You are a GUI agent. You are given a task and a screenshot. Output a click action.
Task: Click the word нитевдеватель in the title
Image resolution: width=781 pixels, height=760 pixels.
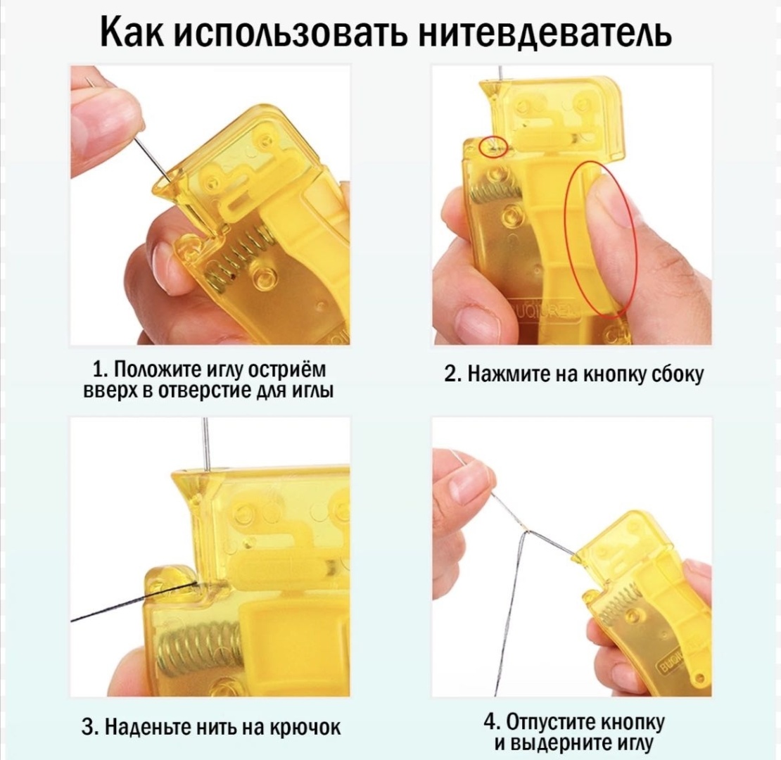pyautogui.click(x=546, y=33)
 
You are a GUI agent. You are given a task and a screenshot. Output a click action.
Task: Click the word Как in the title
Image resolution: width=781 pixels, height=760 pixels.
pyautogui.click(x=132, y=33)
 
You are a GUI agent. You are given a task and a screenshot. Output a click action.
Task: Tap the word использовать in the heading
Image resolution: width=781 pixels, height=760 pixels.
pyautogui.click(x=292, y=33)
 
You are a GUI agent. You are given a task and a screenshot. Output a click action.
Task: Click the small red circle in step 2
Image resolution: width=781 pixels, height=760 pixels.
pyautogui.click(x=493, y=147)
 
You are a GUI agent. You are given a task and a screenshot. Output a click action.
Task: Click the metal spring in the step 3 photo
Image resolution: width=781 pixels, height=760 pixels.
pyautogui.click(x=199, y=647)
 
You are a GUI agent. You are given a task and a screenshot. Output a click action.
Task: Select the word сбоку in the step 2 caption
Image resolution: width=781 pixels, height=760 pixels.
pyautogui.click(x=678, y=374)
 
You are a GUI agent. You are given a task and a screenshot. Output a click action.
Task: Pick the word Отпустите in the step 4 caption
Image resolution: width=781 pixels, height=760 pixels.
pyautogui.click(x=551, y=722)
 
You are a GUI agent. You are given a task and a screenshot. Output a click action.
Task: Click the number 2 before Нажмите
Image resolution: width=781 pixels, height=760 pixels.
pyautogui.click(x=451, y=374)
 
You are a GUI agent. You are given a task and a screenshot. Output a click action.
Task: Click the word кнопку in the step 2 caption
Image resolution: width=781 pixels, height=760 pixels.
pyautogui.click(x=615, y=374)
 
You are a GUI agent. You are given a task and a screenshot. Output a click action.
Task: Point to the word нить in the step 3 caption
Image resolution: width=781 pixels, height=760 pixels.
pyautogui.click(x=218, y=728)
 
